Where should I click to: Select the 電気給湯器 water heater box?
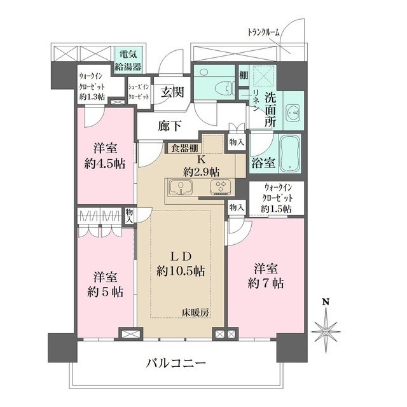point(128,60)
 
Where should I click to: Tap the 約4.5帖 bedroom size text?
point(104,163)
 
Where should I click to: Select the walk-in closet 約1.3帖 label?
point(92,85)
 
